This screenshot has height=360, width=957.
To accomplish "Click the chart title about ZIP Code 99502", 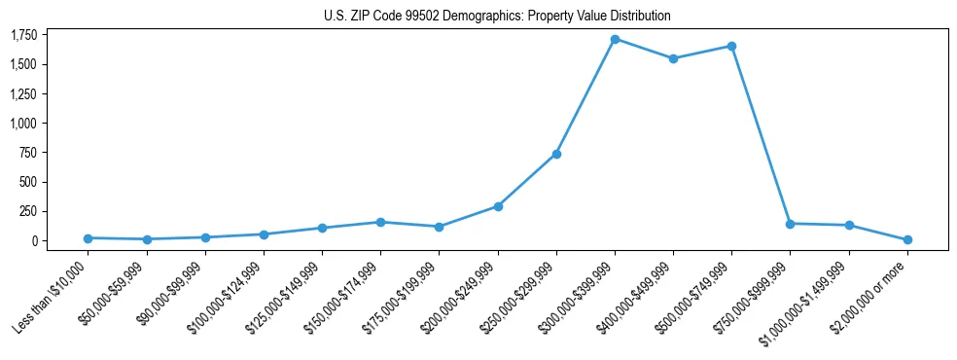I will pos(497,17).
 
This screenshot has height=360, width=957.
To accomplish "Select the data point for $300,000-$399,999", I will pos(615,39).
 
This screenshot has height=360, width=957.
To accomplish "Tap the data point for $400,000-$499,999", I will pos(673,58).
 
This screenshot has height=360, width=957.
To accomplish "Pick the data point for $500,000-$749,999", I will pos(731,46).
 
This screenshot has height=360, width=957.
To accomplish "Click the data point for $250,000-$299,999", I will pos(556,154).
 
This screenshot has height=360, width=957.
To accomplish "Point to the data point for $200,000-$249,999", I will pos(498,206).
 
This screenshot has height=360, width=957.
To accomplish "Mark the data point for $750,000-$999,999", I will pos(790,224).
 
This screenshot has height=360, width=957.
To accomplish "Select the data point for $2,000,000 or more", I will pos(907,239).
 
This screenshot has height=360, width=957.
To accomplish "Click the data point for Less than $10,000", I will pos(89,238).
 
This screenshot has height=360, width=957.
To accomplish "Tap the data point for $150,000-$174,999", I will pos(381,222).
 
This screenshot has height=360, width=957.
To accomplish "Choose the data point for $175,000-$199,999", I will pos(440,227).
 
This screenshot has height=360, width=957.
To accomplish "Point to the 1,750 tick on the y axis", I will pos(23,35).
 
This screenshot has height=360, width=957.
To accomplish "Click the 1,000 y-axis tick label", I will pos(23,124).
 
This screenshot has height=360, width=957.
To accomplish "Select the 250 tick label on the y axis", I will pos(28,211).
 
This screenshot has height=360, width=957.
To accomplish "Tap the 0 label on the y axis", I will pos(34,240).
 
